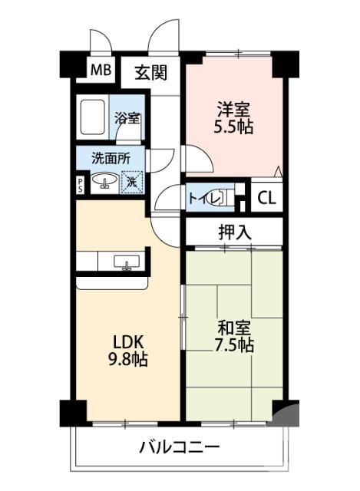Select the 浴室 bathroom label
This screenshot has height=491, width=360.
tap(127, 118)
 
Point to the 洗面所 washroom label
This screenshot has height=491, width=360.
tap(111, 159)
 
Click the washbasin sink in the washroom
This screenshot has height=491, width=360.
tap(104, 183)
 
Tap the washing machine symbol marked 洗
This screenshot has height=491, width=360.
tap(132, 183)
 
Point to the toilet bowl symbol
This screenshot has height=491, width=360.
tap(218, 198)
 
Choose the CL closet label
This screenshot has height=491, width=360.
tap(266, 198)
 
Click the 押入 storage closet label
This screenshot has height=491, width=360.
tap(235, 232)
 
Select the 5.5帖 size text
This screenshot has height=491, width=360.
tap(233, 127)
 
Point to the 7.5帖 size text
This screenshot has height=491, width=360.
tap(233, 346)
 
